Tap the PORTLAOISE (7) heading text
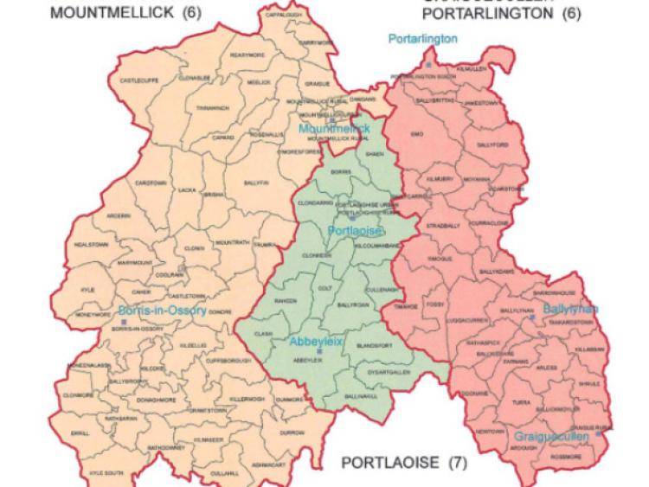(404, 462)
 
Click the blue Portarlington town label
(423, 39)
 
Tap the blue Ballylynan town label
(570, 309)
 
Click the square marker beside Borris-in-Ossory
(125, 322)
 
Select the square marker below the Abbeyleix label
(319, 352)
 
